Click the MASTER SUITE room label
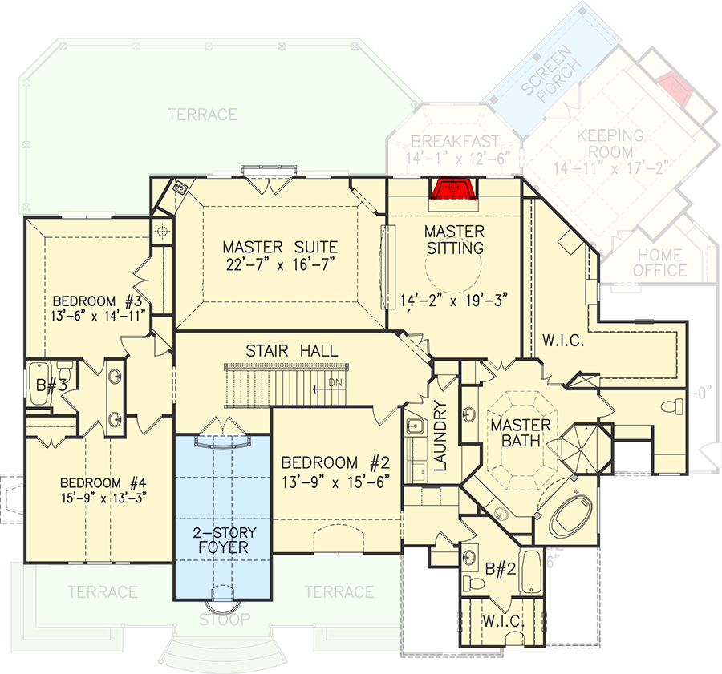click(280, 247)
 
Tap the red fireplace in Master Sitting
click(454, 188)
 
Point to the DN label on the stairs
click(335, 382)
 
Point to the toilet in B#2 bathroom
click(475, 584)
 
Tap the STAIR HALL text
click(292, 351)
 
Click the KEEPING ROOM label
click(610, 143)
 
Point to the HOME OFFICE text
click(659, 263)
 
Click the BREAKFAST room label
click(456, 141)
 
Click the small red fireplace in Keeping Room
click(670, 89)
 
